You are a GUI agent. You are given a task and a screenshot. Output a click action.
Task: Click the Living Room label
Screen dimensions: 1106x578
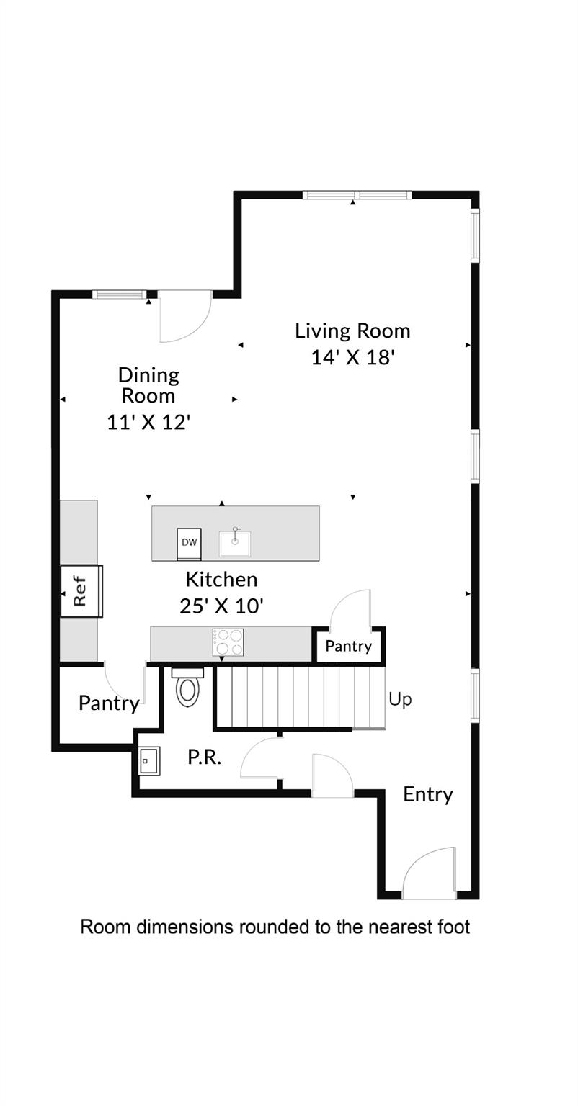352,331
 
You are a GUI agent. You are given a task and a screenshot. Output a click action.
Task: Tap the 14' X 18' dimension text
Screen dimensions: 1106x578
352,357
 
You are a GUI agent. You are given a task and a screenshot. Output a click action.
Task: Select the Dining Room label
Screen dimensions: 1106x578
148,385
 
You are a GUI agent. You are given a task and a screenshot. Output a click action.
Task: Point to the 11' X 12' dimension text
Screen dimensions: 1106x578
148,422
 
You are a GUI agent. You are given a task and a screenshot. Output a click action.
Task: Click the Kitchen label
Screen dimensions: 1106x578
221,579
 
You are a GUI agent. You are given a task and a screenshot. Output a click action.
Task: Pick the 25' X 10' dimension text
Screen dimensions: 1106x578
221,606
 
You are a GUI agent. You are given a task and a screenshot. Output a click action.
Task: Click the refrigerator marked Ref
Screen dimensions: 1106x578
80,591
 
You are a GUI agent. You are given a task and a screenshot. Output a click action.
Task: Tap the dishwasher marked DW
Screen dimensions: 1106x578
190,544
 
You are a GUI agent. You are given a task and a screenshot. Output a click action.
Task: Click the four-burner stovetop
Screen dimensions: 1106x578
228,642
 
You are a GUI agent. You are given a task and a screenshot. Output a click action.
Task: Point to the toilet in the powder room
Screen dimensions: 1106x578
187,688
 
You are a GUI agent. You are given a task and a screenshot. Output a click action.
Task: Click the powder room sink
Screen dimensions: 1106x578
149,760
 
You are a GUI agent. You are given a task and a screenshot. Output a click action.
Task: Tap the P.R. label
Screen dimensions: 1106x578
204,757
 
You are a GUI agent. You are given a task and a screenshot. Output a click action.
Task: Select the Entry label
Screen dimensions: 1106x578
428,794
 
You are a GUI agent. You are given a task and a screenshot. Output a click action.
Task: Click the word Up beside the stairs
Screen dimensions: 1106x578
400,699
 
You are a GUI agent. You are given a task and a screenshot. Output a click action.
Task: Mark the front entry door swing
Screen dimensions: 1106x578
430,874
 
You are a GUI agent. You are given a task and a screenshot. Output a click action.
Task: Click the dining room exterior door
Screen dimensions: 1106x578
184,316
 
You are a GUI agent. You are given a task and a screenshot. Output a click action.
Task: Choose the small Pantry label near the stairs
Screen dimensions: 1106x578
348,646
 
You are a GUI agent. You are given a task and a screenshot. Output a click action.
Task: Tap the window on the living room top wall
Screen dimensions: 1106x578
357,195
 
